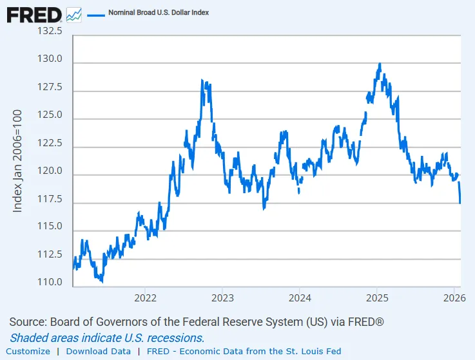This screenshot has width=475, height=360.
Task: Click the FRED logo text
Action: tap(34, 15)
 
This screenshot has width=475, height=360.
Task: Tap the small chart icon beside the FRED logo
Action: tap(74, 15)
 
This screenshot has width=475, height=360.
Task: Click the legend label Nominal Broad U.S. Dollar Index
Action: tap(159, 13)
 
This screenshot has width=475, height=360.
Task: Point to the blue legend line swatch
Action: tap(96, 15)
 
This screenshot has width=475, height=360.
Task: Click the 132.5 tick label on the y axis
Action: tap(50, 31)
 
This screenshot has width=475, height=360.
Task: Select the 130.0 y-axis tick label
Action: tap(50, 59)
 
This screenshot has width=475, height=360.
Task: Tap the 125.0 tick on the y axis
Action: tap(50, 115)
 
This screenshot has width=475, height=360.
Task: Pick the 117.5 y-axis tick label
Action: tap(50, 199)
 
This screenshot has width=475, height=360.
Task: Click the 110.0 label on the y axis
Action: tap(50, 282)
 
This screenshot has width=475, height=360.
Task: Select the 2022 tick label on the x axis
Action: tap(145, 298)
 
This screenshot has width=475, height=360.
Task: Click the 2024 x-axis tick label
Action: tap(300, 298)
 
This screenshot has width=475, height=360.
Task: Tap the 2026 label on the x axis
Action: tap(454, 298)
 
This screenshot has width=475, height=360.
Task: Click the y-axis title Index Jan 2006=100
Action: tap(17, 161)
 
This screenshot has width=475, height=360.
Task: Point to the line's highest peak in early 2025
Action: tap(380, 64)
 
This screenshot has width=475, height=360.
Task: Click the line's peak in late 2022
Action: tap(202, 80)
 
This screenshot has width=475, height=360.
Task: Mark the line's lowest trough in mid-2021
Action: tap(102, 281)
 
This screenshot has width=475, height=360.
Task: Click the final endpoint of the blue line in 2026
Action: tap(460, 203)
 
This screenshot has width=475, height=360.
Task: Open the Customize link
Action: tap(28, 351)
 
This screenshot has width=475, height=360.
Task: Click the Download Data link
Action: tap(99, 351)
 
